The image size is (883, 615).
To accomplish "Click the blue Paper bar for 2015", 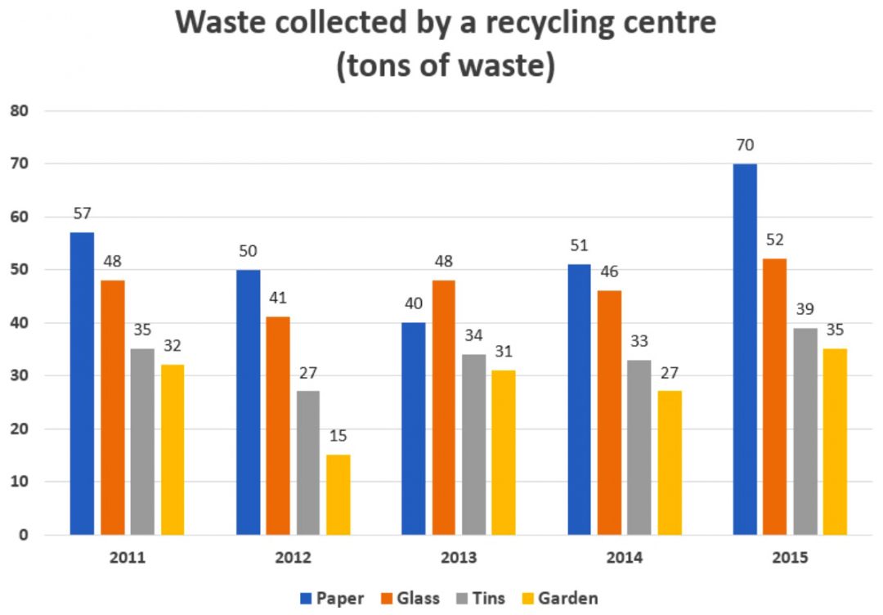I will [745, 349].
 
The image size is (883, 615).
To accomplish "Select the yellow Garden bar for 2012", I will [338, 495].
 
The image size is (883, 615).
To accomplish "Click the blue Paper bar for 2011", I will [82, 384].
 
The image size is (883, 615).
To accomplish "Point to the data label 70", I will [745, 146].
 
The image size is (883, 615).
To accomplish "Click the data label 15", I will [338, 437].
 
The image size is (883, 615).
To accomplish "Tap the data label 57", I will [82, 214].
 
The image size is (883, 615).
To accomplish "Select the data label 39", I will [805, 310].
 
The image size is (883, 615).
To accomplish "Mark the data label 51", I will [579, 246].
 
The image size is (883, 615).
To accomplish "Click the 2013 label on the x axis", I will [459, 559].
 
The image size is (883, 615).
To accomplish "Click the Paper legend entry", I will [331, 598].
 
